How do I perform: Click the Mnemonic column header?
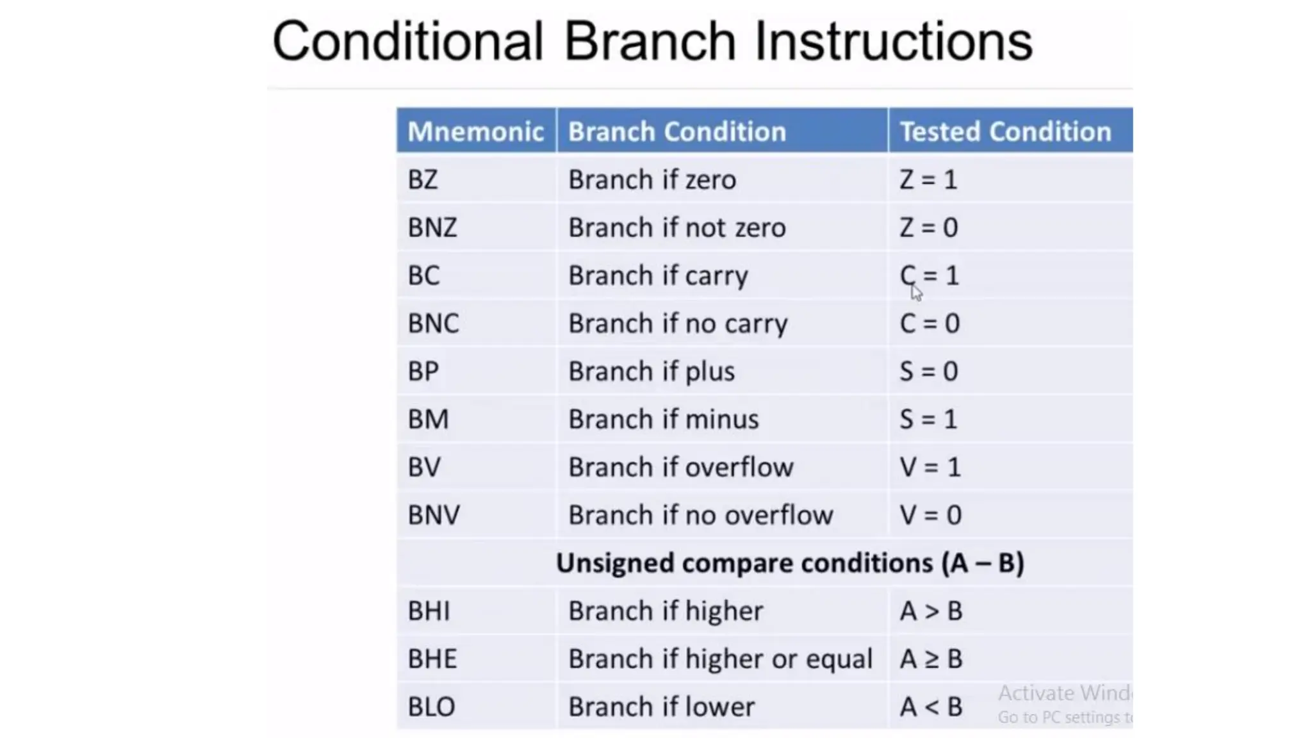click(x=475, y=131)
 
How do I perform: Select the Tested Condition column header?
click(x=1004, y=131)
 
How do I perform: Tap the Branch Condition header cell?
click(x=676, y=131)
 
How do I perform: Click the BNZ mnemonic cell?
click(x=432, y=227)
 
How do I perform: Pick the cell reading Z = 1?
click(x=928, y=179)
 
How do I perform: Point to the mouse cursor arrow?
click(x=916, y=292)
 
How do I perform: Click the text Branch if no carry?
click(x=678, y=324)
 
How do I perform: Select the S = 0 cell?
click(x=928, y=372)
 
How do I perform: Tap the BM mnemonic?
click(x=428, y=420)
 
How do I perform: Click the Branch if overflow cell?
click(x=680, y=468)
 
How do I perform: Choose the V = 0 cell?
click(x=930, y=515)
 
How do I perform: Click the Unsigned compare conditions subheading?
click(x=789, y=563)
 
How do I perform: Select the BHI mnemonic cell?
click(x=429, y=611)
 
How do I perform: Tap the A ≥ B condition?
click(x=930, y=659)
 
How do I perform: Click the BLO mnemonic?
click(x=431, y=707)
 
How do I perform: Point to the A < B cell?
click(x=930, y=707)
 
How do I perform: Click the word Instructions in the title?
click(x=893, y=42)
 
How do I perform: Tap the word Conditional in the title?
click(x=407, y=42)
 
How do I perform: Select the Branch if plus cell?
click(x=651, y=372)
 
